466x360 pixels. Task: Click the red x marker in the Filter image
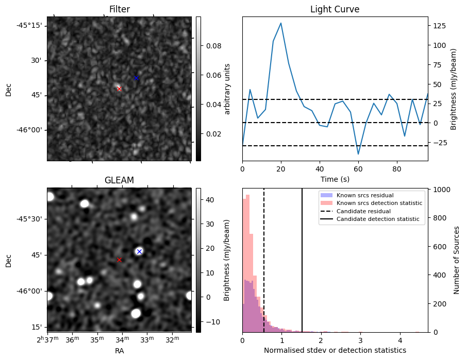pos(119,89)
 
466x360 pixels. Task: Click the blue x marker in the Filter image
pos(136,78)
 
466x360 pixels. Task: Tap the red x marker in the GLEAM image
pos(119,260)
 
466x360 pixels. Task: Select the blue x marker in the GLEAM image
pos(139,251)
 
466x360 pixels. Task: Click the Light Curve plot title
pos(335,9)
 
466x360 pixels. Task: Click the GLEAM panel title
pos(119,180)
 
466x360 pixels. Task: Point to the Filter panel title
pos(119,9)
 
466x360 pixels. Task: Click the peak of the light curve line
pos(281,23)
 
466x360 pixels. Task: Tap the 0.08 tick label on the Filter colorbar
pos(214,46)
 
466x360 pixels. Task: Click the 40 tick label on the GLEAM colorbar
pos(211,200)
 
